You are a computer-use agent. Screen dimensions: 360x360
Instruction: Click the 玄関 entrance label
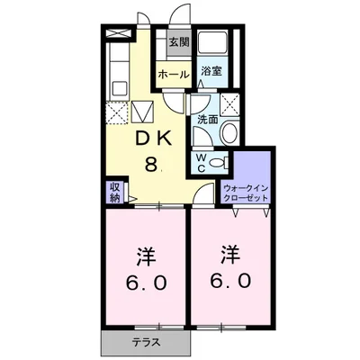pyautogui.click(x=179, y=42)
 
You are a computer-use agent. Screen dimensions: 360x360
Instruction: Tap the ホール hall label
pyautogui.click(x=174, y=74)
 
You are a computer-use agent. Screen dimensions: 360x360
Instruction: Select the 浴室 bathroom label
pyautogui.click(x=211, y=71)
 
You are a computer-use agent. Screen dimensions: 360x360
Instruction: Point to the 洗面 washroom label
pyautogui.click(x=208, y=120)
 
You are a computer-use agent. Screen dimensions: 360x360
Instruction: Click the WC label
pyautogui.click(x=202, y=163)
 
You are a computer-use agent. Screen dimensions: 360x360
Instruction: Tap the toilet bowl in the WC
pyautogui.click(x=218, y=163)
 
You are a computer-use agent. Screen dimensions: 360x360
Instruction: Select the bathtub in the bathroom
pyautogui.click(x=213, y=42)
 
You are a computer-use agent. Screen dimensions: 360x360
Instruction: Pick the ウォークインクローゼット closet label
pyautogui.click(x=246, y=193)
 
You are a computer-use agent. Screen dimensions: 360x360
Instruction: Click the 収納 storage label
pyautogui.click(x=114, y=193)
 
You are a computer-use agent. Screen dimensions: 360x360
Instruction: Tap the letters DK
pyautogui.click(x=154, y=139)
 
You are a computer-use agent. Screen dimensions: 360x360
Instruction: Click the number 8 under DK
pyautogui.click(x=151, y=164)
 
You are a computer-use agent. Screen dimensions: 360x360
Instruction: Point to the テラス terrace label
pyautogui.click(x=146, y=342)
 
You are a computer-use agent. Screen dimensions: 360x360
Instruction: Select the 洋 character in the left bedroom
pyautogui.click(x=146, y=256)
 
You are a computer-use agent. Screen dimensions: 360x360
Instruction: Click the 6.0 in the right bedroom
pyautogui.click(x=230, y=281)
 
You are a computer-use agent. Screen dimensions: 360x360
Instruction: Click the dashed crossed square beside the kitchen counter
pyautogui.click(x=117, y=112)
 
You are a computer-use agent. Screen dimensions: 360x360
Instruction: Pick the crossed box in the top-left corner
pyautogui.click(x=119, y=33)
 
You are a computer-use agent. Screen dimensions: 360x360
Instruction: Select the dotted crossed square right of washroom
pyautogui.click(x=229, y=104)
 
